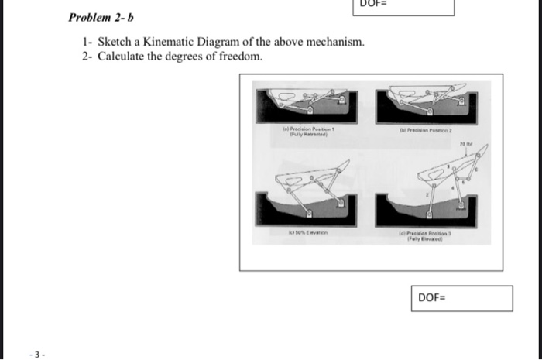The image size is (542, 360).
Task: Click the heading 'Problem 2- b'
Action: pos(97,17)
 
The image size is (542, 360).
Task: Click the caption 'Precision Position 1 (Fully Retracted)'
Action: pos(306,132)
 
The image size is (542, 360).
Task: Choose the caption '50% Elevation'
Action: pos(305,230)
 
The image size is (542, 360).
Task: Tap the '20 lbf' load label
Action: pos(465,144)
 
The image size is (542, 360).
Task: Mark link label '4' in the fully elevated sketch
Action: pos(448,166)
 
